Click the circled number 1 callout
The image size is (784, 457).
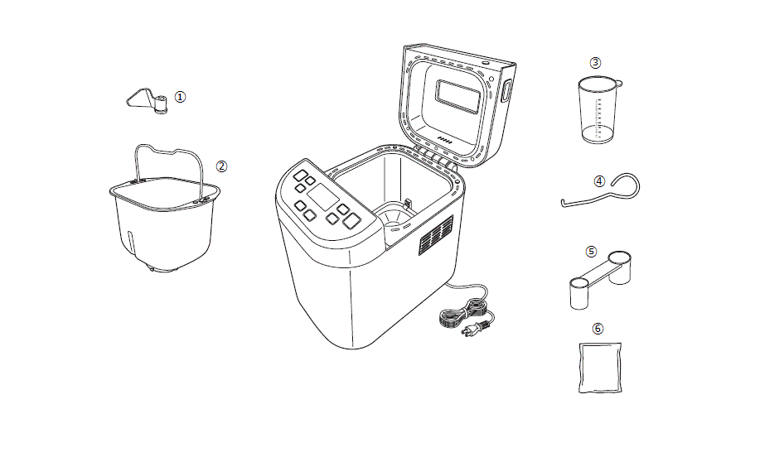(x=180, y=97)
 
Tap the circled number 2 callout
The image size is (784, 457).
(x=221, y=166)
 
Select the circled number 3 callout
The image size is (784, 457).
(x=595, y=63)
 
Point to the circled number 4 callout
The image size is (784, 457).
(x=599, y=181)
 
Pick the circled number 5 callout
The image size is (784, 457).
(x=592, y=252)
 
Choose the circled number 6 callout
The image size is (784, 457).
(x=598, y=329)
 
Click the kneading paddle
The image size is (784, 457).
(x=147, y=100)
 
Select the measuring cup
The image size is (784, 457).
(x=598, y=109)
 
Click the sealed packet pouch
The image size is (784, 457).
(x=600, y=368)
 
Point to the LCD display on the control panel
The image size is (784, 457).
(x=323, y=196)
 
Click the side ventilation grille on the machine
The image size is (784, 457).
(x=435, y=235)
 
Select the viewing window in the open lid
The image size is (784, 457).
(x=458, y=96)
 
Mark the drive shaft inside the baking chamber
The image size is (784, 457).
(x=408, y=204)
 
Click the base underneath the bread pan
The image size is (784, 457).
(x=163, y=268)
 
